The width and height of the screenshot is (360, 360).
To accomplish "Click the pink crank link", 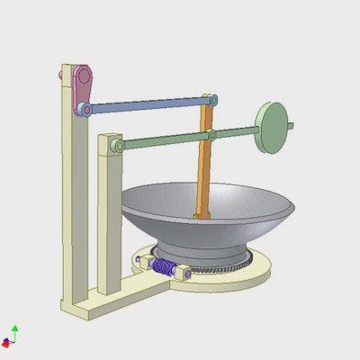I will [x=84, y=88].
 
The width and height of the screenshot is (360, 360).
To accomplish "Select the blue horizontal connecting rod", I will [x=144, y=105].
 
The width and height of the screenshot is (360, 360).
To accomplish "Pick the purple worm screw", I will [x=164, y=266].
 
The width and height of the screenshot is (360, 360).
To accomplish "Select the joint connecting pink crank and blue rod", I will [x=85, y=109].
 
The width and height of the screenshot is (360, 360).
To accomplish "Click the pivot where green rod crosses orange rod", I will [x=211, y=135].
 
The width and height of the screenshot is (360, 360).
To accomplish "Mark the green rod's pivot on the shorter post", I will [x=115, y=145].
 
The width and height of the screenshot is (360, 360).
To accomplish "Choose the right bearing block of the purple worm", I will [x=183, y=271].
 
